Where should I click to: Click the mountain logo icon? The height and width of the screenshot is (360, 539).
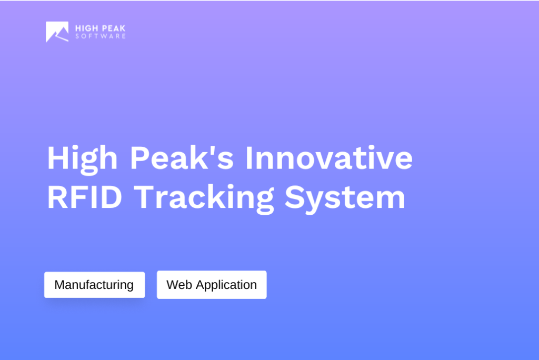(x=57, y=32)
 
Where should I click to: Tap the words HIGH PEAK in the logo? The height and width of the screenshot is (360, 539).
(x=101, y=28)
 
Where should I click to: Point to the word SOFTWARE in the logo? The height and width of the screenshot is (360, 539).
(x=101, y=37)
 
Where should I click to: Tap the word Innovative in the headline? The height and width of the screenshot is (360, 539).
(x=329, y=158)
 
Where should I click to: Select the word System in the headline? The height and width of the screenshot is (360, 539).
(x=345, y=198)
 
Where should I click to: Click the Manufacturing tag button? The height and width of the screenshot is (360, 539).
(x=94, y=285)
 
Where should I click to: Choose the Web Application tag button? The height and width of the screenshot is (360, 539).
(x=212, y=285)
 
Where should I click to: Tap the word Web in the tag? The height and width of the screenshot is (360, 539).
(x=179, y=285)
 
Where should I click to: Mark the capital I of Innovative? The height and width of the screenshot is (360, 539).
(x=249, y=158)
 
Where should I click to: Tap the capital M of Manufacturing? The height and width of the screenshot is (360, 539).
(x=59, y=285)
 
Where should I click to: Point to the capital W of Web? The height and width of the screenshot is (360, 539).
(x=172, y=285)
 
